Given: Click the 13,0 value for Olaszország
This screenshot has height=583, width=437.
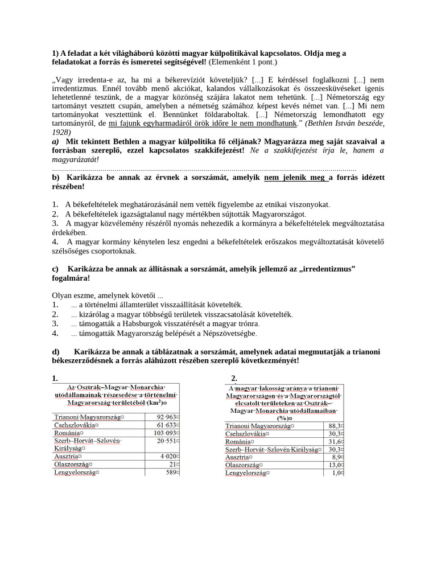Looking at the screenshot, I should (x=335, y=465).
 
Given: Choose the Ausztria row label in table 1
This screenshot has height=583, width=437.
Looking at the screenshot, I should (x=67, y=456).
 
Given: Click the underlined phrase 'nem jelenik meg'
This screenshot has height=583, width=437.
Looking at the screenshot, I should (x=296, y=178).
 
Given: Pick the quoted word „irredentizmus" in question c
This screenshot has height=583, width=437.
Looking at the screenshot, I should (x=327, y=269).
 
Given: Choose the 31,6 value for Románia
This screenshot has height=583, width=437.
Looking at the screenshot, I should (x=335, y=441).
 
